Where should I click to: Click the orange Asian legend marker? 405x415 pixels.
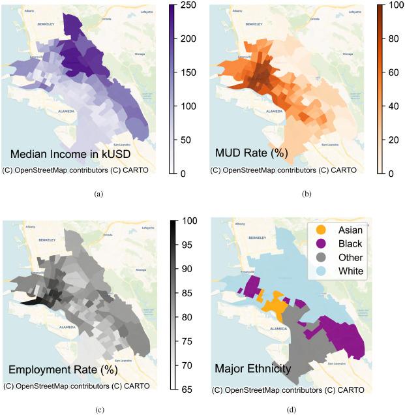[321, 230]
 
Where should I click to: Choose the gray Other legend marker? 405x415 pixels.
[321, 257]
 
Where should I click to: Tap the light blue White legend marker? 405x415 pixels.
[321, 271]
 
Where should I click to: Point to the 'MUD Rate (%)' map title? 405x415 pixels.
[252, 155]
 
